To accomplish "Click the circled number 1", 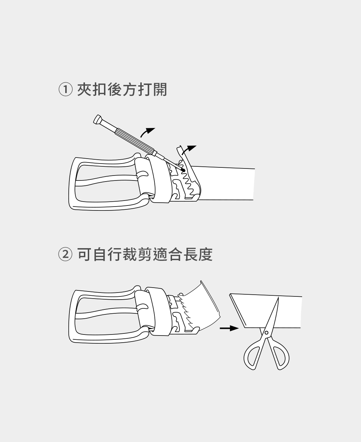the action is tap(66, 89).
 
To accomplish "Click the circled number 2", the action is tap(66, 254).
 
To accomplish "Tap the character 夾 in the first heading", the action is tap(84, 89).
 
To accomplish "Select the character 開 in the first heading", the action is tap(160, 89).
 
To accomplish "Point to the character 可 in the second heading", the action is tap(84, 254).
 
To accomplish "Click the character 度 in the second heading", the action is tap(206, 254).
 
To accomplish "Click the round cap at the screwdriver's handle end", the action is tap(97, 119).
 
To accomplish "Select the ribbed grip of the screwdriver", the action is tap(135, 140).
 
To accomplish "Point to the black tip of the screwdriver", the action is tap(184, 170).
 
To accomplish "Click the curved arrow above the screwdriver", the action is tap(147, 132).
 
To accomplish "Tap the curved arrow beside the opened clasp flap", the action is tap(189, 150).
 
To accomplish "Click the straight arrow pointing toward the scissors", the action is tap(229, 328).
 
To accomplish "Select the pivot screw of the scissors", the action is tap(267, 333).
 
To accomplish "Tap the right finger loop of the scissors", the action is tap(280, 355).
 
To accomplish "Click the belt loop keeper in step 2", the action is tap(159, 312).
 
